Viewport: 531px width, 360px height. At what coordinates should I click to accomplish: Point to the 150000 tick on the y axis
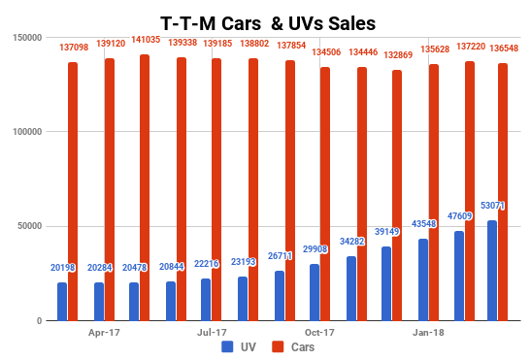tap(26, 37)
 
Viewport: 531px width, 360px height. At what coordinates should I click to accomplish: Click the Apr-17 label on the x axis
tap(104, 331)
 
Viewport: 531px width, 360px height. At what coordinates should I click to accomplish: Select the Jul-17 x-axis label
tap(213, 331)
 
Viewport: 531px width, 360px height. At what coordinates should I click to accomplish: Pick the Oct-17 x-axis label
tap(319, 331)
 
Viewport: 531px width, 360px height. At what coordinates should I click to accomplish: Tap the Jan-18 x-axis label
tap(428, 331)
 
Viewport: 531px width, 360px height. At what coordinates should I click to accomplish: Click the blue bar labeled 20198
tap(62, 301)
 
